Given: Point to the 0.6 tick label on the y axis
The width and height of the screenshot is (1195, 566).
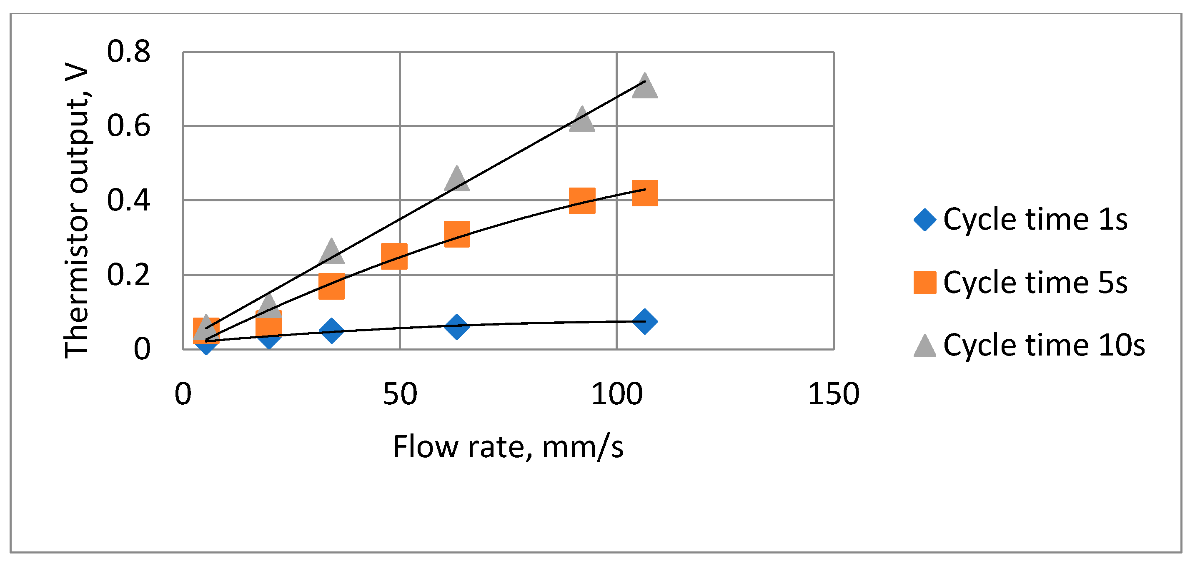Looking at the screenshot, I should click(128, 126).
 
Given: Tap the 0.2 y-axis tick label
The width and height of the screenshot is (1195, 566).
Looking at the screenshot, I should click(128, 275).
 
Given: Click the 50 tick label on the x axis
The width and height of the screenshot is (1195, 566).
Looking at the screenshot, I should click(399, 394).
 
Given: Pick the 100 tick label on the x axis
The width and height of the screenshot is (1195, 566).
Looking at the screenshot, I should click(616, 394).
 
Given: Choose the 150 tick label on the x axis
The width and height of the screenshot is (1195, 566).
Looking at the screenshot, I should click(834, 394).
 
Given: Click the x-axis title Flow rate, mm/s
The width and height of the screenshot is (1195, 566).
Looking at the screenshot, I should click(508, 447).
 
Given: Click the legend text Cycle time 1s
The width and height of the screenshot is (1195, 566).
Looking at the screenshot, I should click(1035, 220).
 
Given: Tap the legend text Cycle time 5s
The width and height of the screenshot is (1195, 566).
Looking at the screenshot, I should click(1035, 283).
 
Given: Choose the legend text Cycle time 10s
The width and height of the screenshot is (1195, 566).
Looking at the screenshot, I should click(1044, 345).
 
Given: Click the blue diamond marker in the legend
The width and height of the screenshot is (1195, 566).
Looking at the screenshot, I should click(924, 220).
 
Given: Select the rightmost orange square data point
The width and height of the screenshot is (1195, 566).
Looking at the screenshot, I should click(645, 193).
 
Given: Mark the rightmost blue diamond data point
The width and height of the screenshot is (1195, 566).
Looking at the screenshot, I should click(644, 321).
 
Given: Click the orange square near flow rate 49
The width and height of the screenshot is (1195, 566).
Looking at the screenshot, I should click(394, 256).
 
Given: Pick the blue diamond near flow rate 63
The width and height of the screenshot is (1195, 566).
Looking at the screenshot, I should click(456, 326).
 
